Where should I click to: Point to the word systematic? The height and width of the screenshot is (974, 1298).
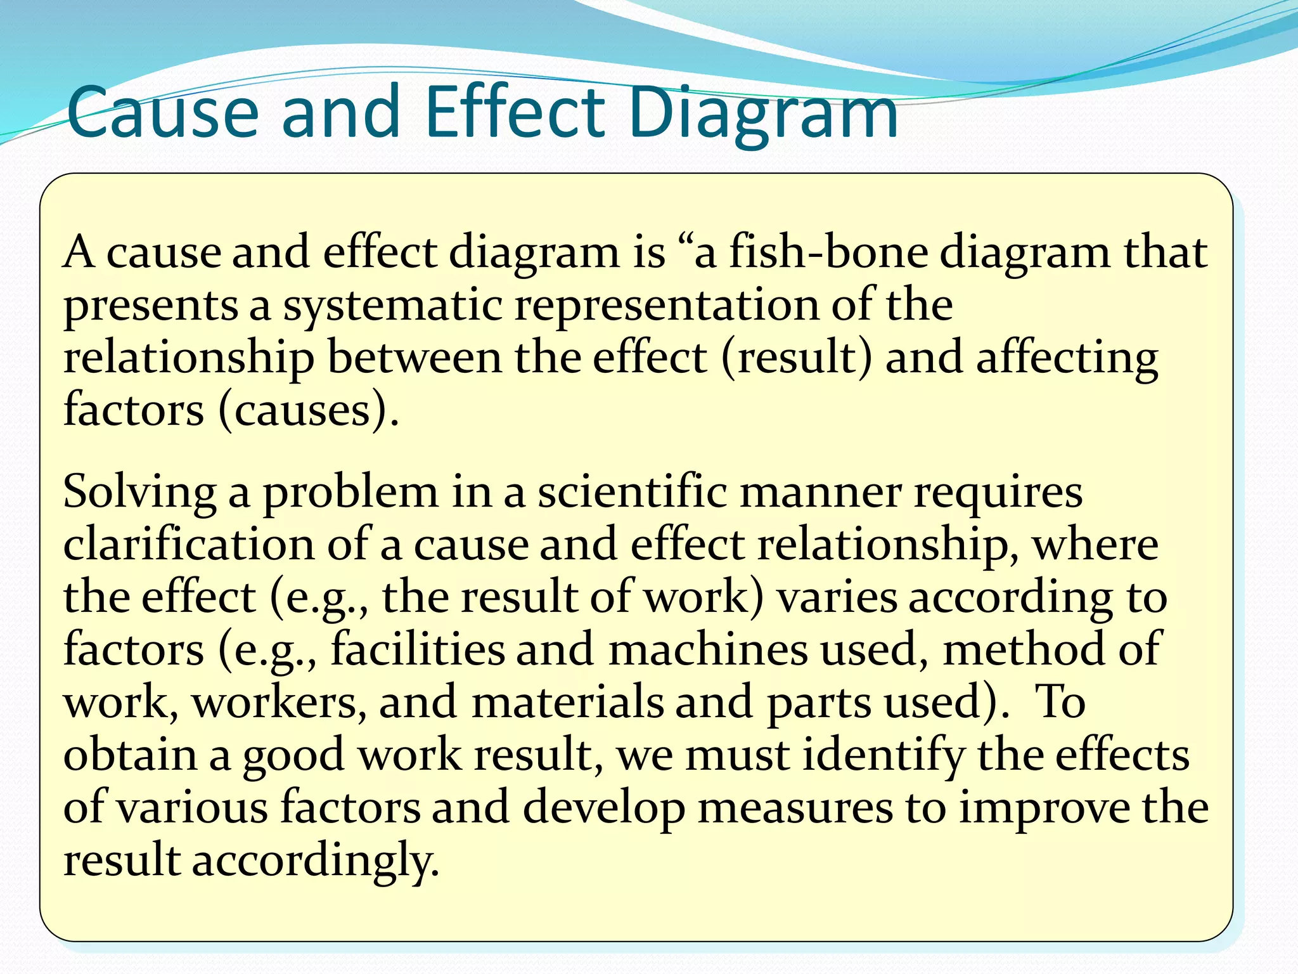[392, 306]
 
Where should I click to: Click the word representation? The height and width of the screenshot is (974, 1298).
[666, 306]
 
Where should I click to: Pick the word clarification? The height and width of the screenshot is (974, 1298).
[188, 545]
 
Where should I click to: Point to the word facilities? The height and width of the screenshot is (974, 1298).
[418, 650]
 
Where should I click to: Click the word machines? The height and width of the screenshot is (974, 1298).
[708, 650]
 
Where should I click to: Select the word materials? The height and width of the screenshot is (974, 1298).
[567, 703]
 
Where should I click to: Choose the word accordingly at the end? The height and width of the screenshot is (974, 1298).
[315, 861]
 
